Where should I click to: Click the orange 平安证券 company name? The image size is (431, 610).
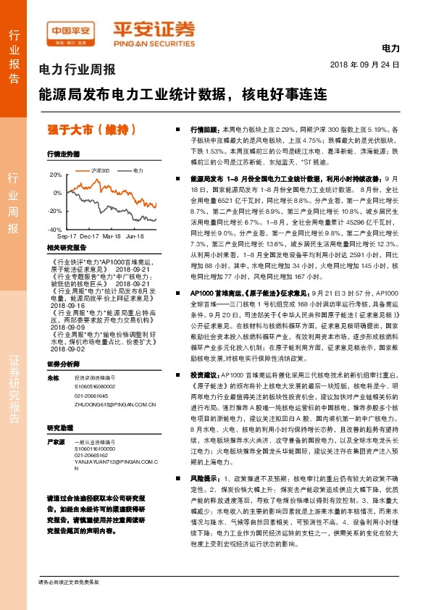coord(154,30)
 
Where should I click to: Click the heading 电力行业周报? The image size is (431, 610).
coord(77,70)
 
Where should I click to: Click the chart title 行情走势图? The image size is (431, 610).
coord(62,154)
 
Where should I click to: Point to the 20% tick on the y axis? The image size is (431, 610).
coord(57,175)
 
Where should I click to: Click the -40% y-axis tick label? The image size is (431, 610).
coord(56,229)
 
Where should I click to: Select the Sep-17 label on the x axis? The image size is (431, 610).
coord(67,237)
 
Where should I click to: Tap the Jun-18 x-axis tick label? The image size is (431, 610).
coord(135,237)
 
